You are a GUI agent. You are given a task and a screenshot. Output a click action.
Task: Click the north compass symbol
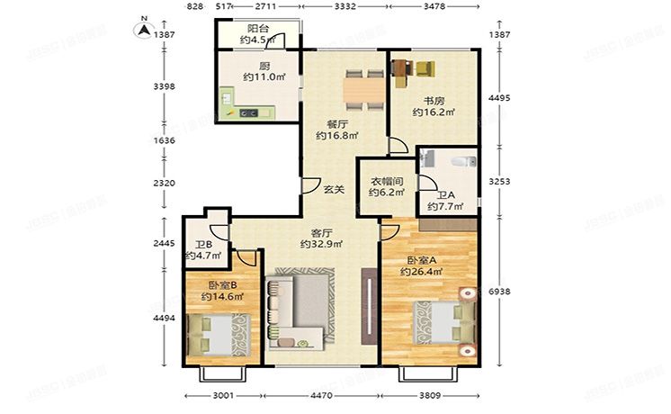click(141, 27)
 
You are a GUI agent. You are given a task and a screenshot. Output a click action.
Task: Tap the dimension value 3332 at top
click(344, 7)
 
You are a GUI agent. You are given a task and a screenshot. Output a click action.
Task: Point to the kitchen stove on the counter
click(248, 112)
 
